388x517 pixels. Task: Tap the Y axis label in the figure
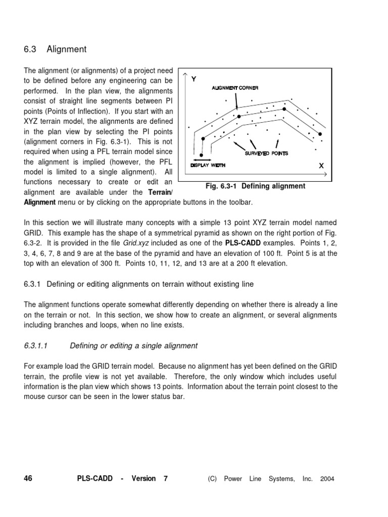(193, 79)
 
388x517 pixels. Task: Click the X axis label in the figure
(321, 165)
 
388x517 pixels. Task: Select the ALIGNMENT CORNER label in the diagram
(234, 88)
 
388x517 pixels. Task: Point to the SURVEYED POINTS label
(266, 153)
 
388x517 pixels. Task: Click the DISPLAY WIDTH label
(207, 165)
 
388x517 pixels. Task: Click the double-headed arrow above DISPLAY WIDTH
(202, 160)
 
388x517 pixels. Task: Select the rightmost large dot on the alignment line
(319, 134)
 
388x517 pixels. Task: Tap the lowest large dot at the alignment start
(202, 156)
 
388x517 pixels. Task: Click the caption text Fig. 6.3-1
(222, 186)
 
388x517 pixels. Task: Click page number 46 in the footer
(28, 478)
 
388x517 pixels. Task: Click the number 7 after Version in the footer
(165, 478)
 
